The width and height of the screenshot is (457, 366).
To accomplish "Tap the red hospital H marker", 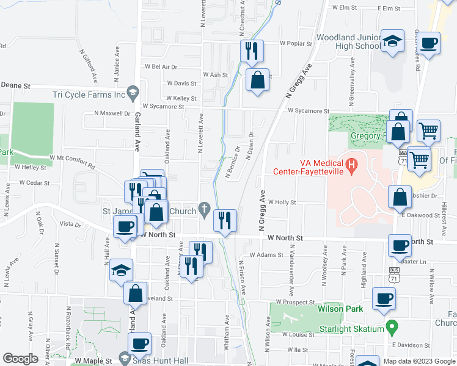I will click(351, 164).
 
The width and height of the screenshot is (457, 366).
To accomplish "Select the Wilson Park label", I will click(340, 309).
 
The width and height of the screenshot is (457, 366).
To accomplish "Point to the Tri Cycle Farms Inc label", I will click(89, 95).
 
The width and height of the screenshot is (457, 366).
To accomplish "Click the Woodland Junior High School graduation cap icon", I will click(392, 42).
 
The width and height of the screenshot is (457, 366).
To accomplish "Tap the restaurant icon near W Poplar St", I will click(251, 51).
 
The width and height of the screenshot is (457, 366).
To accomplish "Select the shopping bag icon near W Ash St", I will click(258, 79).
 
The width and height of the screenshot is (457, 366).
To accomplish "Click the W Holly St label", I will click(282, 202).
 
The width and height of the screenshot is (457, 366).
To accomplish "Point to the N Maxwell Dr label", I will click(112, 113).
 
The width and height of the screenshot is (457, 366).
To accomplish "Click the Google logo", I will click(20, 359).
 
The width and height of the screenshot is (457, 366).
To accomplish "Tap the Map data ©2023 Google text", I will click(419, 361).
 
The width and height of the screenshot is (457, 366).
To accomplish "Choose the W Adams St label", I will click(263, 255).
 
